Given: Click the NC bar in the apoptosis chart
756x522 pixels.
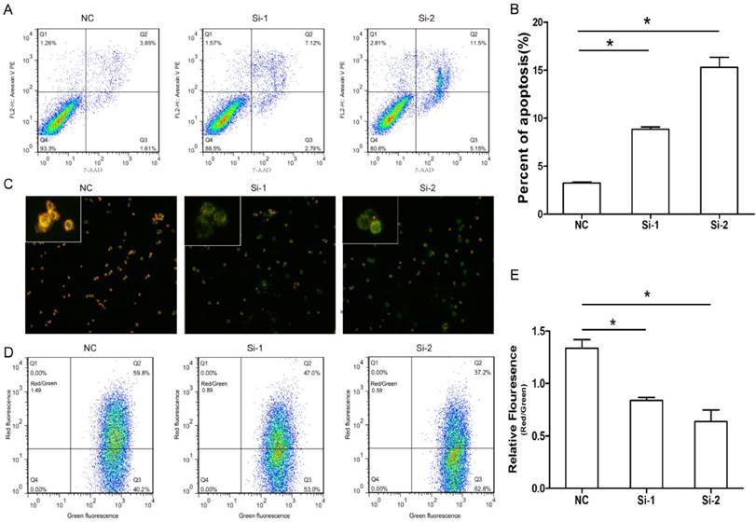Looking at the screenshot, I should click(581, 199).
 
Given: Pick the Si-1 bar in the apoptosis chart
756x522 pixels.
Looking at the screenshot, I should click(646, 172).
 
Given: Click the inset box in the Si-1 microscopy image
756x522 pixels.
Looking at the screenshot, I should click(213, 220).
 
